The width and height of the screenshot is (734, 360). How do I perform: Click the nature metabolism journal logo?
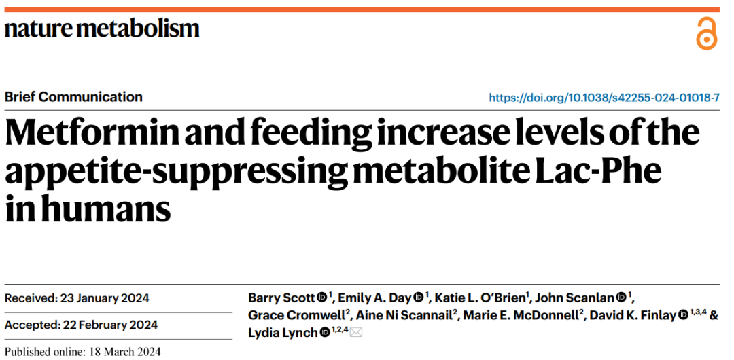102,29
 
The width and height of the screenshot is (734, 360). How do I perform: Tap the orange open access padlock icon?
706,33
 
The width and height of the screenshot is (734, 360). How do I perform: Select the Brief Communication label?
73,97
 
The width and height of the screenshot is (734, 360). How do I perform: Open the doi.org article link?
604,98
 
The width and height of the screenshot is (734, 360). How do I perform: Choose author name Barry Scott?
281,298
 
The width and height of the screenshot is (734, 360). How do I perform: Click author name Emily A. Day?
374,298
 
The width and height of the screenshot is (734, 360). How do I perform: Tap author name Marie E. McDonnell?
521,316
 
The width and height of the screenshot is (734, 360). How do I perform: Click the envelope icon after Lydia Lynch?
356,333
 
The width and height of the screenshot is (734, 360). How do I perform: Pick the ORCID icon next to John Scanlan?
621,298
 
